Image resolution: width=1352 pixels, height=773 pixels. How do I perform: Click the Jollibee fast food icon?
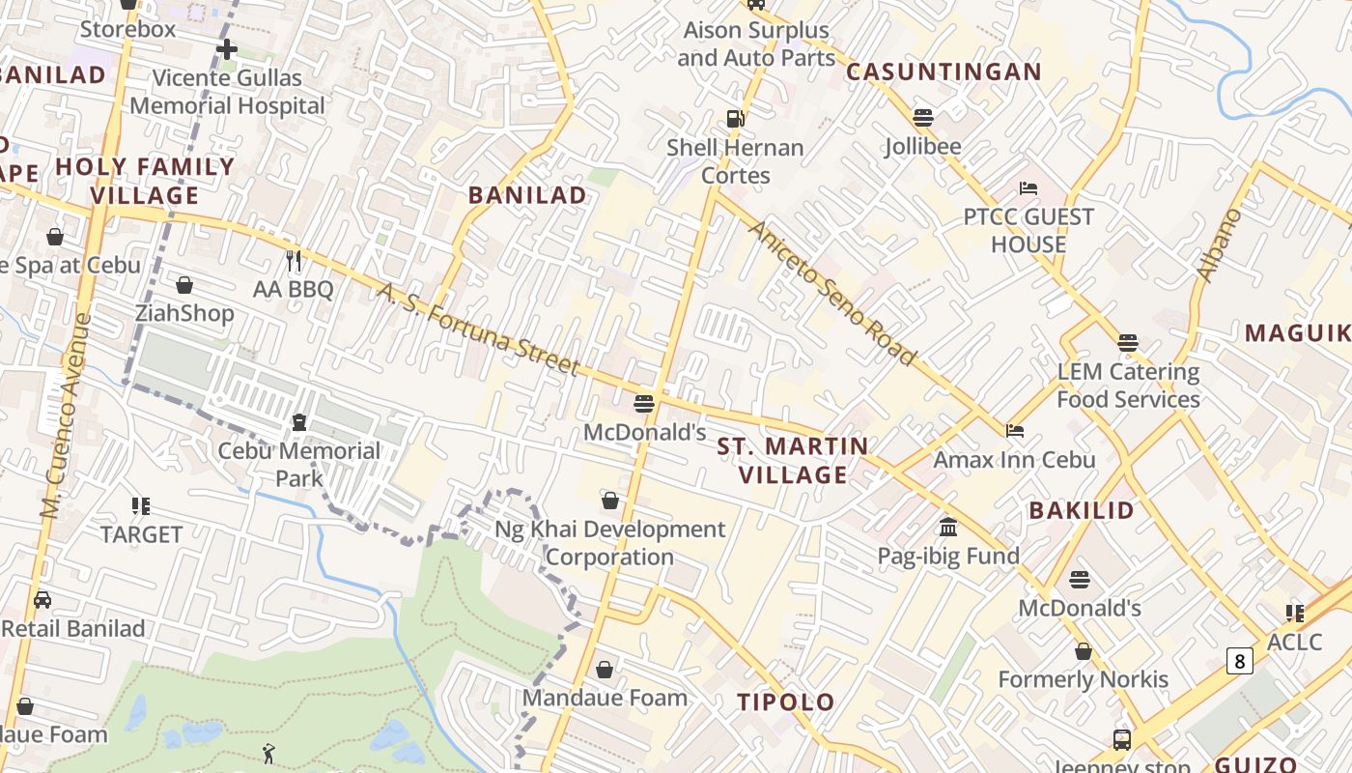click(923, 118)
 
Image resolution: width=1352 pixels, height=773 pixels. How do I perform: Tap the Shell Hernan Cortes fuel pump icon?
click(736, 119)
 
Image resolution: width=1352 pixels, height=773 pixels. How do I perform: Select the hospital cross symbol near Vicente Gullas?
click(227, 48)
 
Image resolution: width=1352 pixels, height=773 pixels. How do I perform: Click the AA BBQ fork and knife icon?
click(294, 260)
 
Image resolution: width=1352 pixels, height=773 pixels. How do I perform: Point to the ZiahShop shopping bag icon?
click(184, 285)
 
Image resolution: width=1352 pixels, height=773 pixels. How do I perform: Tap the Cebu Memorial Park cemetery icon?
click(299, 422)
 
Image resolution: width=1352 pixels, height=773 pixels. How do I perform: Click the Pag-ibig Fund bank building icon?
click(948, 528)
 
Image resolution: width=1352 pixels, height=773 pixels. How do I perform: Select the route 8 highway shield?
click(1240, 661)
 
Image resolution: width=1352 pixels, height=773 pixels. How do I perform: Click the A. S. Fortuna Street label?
click(478, 329)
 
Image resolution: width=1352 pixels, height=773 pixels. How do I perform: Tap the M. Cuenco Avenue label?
click(66, 415)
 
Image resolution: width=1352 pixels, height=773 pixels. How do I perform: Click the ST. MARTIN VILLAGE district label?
click(793, 461)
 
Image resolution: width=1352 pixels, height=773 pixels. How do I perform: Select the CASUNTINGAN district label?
click(944, 72)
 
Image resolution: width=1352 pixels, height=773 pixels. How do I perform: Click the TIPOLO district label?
click(786, 702)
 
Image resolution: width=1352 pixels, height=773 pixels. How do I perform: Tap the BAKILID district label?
click(1081, 511)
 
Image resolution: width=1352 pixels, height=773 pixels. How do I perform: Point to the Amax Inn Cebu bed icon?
click(1015, 431)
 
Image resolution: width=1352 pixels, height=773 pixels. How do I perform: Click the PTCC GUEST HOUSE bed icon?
click(1028, 187)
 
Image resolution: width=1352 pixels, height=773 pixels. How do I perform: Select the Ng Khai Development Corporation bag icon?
click(610, 501)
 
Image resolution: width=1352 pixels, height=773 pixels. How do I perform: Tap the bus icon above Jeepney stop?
click(1122, 740)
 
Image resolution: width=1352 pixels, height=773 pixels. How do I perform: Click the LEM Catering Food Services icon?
click(1128, 343)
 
